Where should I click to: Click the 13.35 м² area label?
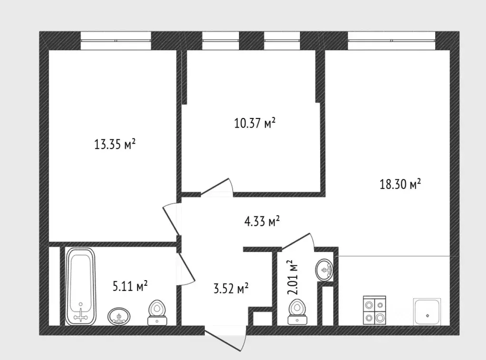114,144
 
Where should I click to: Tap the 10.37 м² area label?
255,123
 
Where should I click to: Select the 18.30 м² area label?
400,184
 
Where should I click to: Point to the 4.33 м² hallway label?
262,221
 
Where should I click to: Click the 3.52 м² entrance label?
231,289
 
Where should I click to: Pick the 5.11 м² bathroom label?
130,286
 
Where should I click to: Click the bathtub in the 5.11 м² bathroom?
81,286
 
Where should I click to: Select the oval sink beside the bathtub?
119,316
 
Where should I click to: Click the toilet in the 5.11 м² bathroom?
157,312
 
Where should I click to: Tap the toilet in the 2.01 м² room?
297,311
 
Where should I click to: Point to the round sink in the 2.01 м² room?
324,270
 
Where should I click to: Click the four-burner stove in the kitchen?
374,310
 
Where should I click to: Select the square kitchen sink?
427,312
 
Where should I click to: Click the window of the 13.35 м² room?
116,40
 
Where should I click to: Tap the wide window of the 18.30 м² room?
392,40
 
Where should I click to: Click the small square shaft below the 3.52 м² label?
263,319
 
